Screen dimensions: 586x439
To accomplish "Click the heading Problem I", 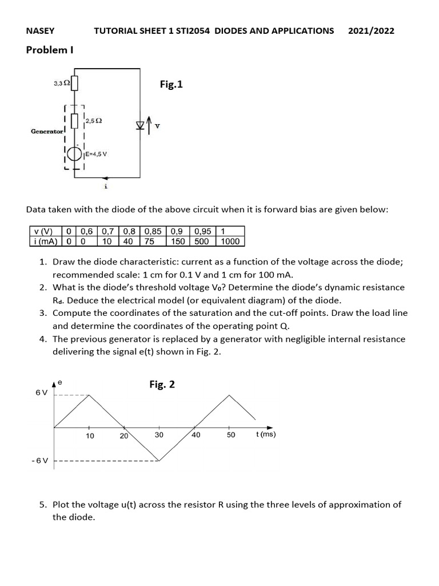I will point(50,50).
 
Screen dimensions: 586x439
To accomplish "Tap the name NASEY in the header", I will point(41,31).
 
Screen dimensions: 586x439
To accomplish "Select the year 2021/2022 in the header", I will point(371,31).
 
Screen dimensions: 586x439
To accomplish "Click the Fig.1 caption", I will point(171,85).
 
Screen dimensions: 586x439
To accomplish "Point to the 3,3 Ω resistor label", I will point(62,84).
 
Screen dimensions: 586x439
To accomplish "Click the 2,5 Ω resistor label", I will point(94,121).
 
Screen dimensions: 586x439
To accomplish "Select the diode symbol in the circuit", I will point(140,125).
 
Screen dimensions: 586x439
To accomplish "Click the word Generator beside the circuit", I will point(48,132).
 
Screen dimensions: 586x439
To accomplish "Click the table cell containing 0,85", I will point(153,232).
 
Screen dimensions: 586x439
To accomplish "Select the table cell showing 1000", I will point(231,241).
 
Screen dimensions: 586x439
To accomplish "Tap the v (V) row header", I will point(43,232).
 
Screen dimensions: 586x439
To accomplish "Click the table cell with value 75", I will point(150,241).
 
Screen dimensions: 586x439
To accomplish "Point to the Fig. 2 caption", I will point(162,385).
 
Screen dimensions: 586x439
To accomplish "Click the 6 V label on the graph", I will point(42,393).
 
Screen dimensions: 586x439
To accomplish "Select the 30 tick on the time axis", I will point(159,435).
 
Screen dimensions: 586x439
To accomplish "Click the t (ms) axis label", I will point(266,434).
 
